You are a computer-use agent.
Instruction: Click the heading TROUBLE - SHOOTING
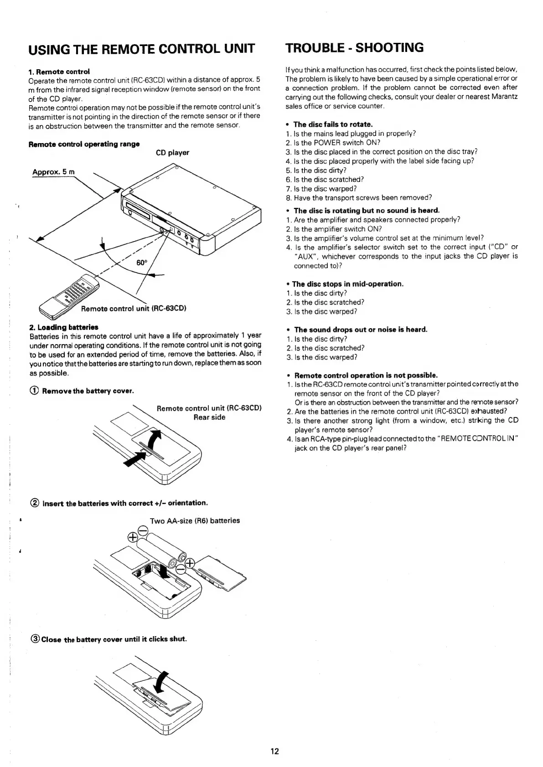(x=354, y=47)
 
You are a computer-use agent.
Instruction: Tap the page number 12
(x=274, y=751)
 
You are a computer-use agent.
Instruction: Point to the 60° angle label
(x=142, y=263)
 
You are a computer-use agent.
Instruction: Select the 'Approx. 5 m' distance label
(x=53, y=172)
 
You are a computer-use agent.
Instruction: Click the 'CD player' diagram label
(x=172, y=153)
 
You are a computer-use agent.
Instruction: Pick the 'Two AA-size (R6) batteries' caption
(x=195, y=520)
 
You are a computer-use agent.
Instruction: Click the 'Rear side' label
(x=209, y=417)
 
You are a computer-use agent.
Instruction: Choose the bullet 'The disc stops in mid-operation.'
(x=347, y=284)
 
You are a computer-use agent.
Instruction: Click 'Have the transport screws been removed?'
(x=362, y=197)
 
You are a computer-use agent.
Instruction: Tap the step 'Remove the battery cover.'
(x=88, y=391)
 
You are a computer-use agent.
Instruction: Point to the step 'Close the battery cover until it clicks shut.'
(x=114, y=638)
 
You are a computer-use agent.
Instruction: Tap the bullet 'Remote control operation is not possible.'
(x=366, y=375)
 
